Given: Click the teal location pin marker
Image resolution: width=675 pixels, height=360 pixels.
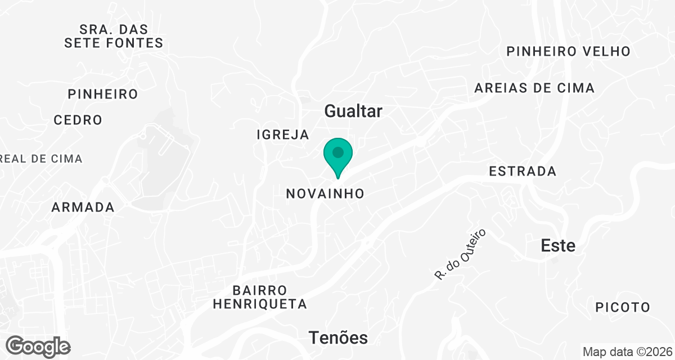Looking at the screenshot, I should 337,157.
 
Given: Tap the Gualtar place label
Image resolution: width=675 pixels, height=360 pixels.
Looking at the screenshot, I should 353,111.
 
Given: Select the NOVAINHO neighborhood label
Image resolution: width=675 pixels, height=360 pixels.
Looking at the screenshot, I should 325,193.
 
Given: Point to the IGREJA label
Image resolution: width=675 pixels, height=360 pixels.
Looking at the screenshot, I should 282,134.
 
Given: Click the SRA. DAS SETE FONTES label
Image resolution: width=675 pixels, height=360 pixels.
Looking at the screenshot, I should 114,35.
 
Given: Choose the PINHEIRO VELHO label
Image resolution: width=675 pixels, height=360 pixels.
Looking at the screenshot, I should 569,51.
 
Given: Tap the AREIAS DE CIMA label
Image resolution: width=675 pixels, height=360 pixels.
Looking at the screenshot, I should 534,88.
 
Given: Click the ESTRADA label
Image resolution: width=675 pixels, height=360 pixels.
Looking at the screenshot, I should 523,171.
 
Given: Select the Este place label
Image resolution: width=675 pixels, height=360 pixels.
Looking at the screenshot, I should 558,246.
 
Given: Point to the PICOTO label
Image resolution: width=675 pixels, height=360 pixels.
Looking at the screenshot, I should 623,308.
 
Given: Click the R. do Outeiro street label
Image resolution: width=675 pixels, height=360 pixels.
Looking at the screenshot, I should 460,254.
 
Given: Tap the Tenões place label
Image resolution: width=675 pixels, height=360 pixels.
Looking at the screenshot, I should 338,337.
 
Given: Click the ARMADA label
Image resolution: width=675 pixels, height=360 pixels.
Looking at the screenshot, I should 83,207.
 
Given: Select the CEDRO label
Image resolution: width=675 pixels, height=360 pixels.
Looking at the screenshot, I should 78,120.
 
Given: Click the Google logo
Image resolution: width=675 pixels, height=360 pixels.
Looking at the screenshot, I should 38,346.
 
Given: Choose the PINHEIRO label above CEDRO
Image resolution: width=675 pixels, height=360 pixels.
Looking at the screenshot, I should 103,94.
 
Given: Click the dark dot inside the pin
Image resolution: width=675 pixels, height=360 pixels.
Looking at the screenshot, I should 337,152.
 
